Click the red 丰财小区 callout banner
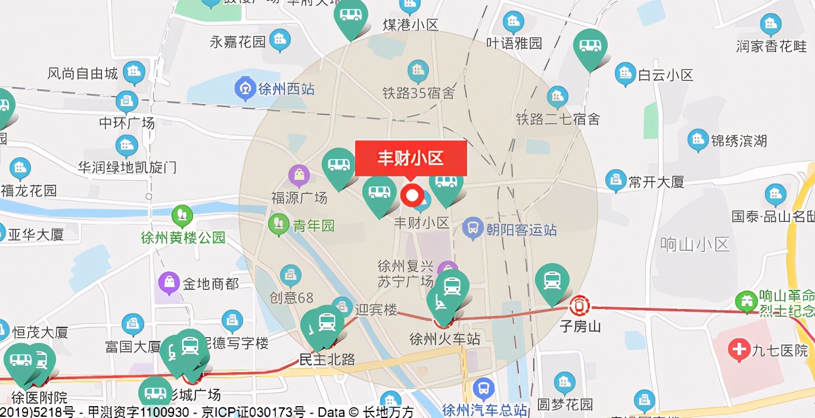coord(410,158)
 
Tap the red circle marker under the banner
coord(412,195)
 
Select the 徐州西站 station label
coord(286,89)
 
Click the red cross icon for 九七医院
coord(739,350)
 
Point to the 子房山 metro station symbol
coord(579,306)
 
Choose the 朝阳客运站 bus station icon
coord(473,229)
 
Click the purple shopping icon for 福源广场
coord(299,175)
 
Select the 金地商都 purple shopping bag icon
coord(170,283)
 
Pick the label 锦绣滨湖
coord(739,141)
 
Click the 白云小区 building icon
coord(626,73)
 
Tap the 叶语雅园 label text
coord(514,43)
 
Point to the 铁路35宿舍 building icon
coord(418,71)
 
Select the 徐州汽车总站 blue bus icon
coord(483,389)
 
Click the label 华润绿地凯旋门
coord(127,167)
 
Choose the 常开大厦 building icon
coord(615,180)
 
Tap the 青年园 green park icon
coord(278,224)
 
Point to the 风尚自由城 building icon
coord(134,73)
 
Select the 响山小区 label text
coord(695,244)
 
